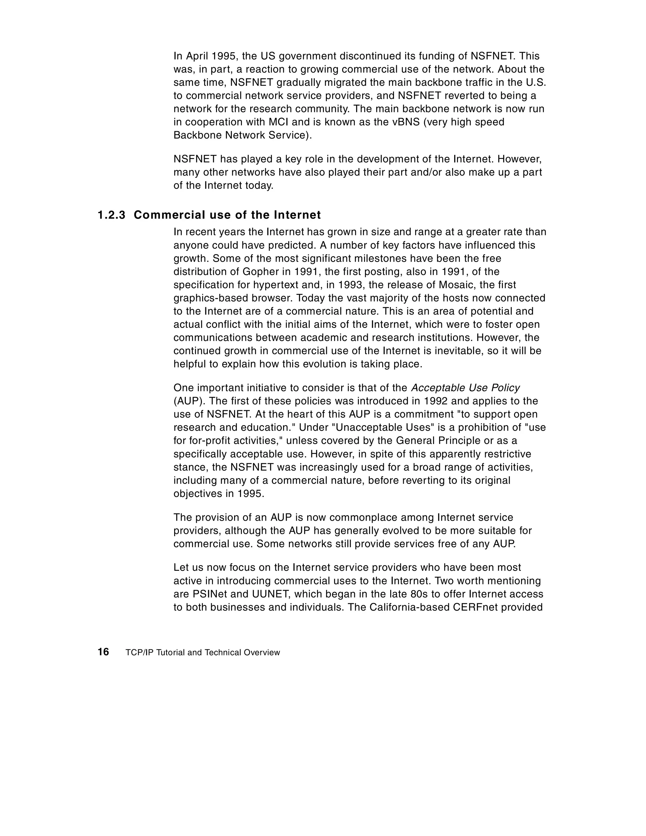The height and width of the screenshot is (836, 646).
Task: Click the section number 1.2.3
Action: pyautogui.click(x=111, y=215)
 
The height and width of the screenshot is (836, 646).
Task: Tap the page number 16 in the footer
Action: pyautogui.click(x=103, y=652)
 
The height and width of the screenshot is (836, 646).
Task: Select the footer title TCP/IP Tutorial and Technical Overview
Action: pyautogui.click(x=203, y=653)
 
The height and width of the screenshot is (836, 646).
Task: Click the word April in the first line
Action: pyautogui.click(x=197, y=56)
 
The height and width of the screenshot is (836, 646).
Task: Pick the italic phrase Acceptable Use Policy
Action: pyautogui.click(x=465, y=388)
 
